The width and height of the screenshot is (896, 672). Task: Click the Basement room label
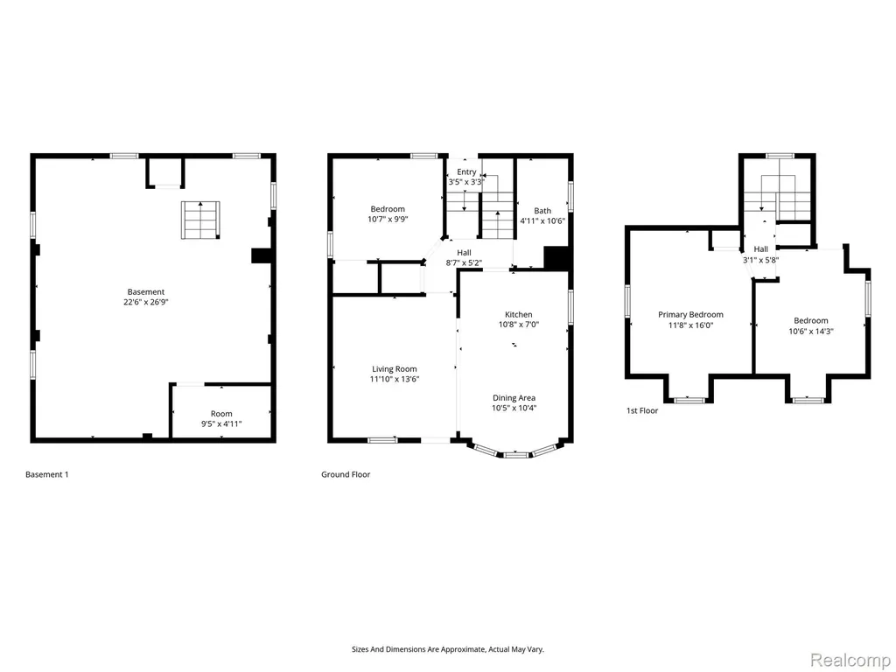[146, 292]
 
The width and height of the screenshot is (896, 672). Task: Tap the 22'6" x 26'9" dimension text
[146, 302]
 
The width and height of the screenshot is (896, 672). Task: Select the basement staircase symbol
[200, 220]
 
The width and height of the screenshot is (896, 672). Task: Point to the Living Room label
[395, 369]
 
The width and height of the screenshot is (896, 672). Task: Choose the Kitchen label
[518, 314]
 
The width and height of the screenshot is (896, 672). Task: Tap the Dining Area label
[514, 398]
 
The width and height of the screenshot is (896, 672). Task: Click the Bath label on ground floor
[542, 211]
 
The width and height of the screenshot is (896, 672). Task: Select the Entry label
[466, 172]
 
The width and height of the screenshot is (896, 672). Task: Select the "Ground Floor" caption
[346, 474]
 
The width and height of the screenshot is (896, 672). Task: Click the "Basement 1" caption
[47, 474]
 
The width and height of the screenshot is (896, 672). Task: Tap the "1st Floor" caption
[642, 410]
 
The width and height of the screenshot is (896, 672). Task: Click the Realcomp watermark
[850, 660]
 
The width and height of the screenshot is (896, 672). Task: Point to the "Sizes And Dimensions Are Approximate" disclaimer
[447, 649]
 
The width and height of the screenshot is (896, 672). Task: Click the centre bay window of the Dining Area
[516, 455]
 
